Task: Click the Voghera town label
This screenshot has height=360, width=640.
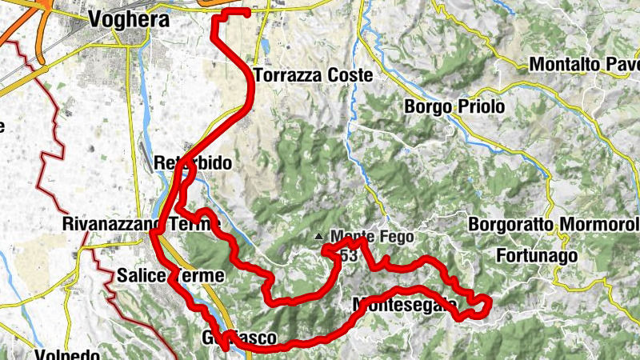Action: [130, 19]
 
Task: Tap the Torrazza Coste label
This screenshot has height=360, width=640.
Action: [313, 76]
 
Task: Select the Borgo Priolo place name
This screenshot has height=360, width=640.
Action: [454, 106]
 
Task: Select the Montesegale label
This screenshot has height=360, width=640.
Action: [404, 305]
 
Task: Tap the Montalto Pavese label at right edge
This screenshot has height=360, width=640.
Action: [584, 63]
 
